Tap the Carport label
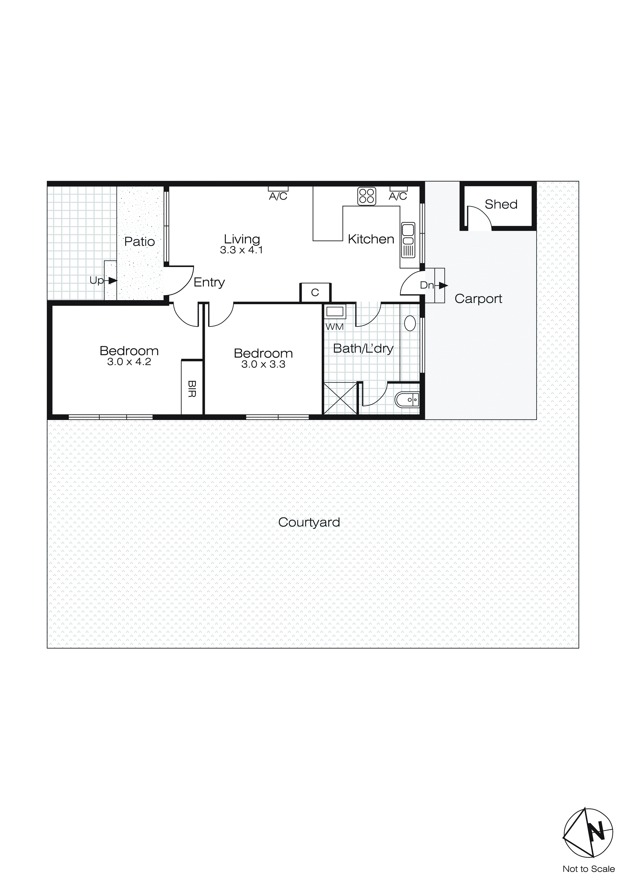pyautogui.click(x=478, y=299)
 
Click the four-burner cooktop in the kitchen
pyautogui.click(x=366, y=196)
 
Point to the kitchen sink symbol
pyautogui.click(x=408, y=240)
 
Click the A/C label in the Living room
pyautogui.click(x=278, y=196)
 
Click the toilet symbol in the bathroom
pyautogui.click(x=406, y=400)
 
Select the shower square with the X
pyautogui.click(x=340, y=398)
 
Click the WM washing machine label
pyautogui.click(x=334, y=326)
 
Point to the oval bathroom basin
pyautogui.click(x=410, y=323)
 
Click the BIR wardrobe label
pyautogui.click(x=192, y=389)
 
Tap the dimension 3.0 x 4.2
pyautogui.click(x=129, y=362)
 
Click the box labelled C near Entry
pyautogui.click(x=315, y=293)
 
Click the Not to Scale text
pyautogui.click(x=588, y=869)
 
